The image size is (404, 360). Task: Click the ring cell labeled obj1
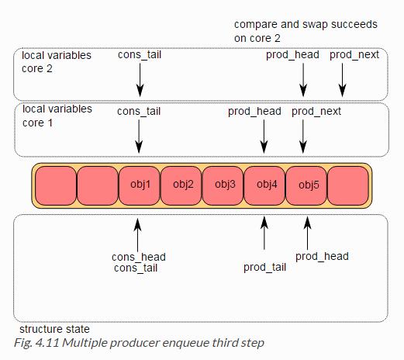click(x=139, y=185)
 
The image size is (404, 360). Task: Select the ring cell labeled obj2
click(x=181, y=185)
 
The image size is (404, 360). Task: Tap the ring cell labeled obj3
click(x=223, y=185)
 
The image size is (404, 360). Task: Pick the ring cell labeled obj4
click(x=264, y=185)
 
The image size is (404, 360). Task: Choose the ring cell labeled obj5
click(x=306, y=185)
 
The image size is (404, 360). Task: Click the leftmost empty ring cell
click(x=56, y=185)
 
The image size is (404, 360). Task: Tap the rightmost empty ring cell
click(x=348, y=185)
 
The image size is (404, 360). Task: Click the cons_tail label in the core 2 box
click(x=140, y=55)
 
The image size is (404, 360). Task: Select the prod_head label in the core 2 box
click(x=292, y=55)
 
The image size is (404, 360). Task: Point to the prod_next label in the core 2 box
click(x=354, y=55)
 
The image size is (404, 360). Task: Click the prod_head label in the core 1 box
click(x=254, y=112)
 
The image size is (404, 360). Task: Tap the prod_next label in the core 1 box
click(x=316, y=112)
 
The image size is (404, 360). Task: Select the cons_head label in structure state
click(x=139, y=257)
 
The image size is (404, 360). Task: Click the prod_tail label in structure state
click(x=264, y=267)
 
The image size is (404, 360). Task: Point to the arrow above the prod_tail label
click(x=264, y=233)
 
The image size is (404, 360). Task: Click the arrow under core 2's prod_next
click(x=343, y=80)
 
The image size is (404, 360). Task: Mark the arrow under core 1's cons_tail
click(x=139, y=137)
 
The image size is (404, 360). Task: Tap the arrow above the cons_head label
click(x=137, y=235)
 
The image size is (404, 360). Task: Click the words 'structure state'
click(x=54, y=329)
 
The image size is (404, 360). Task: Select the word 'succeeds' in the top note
click(x=354, y=24)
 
